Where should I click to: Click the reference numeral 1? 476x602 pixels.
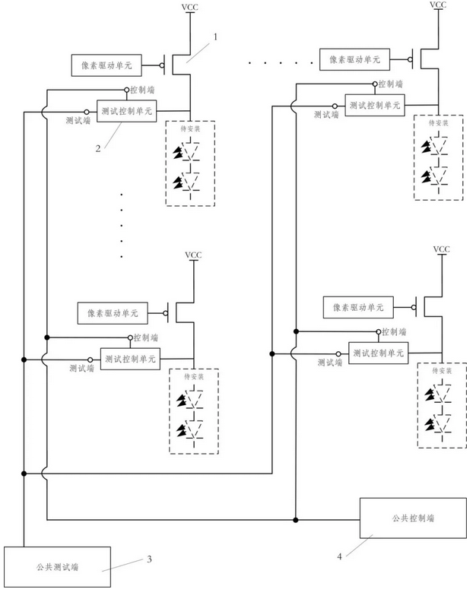coord(215,36)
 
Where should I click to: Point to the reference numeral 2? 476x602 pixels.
coord(99,148)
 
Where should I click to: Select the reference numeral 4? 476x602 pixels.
coord(338,556)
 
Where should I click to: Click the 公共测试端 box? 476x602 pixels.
coord(58,566)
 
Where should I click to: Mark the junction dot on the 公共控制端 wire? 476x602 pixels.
coord(295,520)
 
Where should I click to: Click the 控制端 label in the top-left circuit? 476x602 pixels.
coord(144,90)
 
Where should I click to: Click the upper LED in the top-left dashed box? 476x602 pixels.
coord(187,152)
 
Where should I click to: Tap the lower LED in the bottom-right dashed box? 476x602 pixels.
coord(437,423)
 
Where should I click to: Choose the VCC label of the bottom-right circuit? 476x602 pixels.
coord(441,249)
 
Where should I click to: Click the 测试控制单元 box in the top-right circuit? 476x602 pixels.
coord(375,104)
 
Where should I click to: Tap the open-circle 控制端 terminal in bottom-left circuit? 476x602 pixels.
coord(129,337)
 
